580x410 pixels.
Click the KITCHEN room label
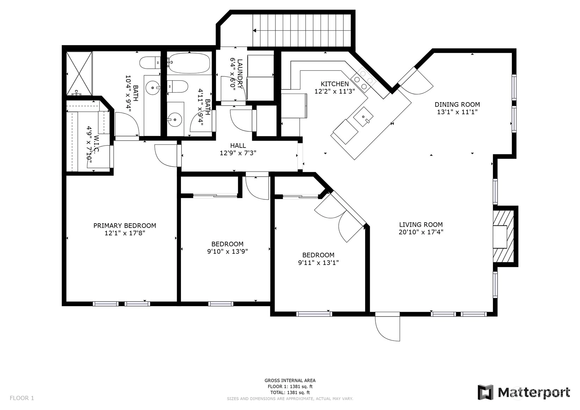[x=335, y=84]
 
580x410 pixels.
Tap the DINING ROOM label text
[x=457, y=104]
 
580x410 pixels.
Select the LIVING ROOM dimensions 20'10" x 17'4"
[x=421, y=232]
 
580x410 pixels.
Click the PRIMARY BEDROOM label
[x=125, y=225]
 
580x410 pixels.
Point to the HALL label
[x=238, y=145]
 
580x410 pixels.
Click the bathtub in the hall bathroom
[x=189, y=63]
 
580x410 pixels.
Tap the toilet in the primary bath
[x=150, y=62]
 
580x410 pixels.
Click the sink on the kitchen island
[x=363, y=117]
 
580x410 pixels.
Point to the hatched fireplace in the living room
[x=503, y=236]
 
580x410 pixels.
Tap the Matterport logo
[x=524, y=392]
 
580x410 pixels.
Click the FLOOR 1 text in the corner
[x=22, y=398]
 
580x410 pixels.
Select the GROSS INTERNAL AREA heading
[x=290, y=380]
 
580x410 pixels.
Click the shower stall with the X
[x=79, y=73]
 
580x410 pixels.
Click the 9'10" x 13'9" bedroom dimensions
[x=227, y=251]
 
